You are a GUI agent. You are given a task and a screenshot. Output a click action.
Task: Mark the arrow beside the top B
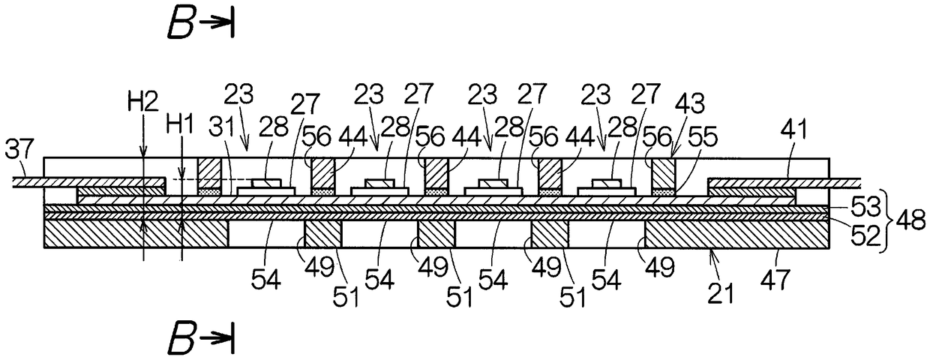pyautogui.click(x=220, y=25)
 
